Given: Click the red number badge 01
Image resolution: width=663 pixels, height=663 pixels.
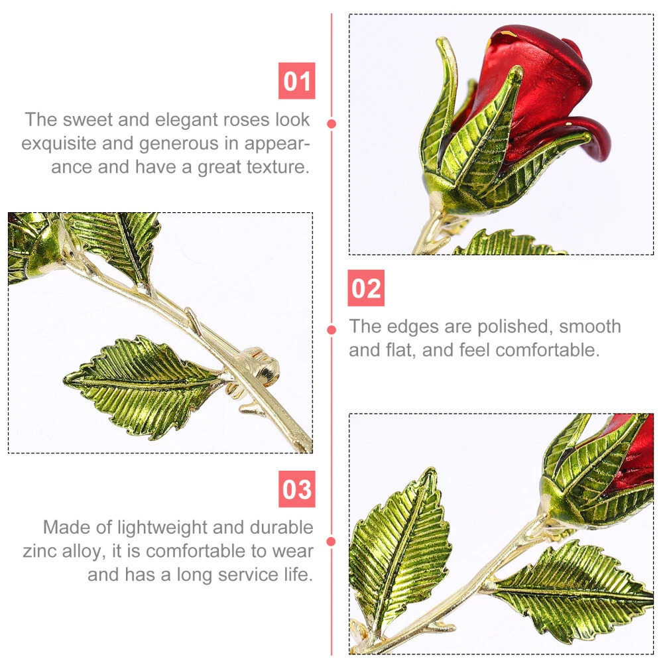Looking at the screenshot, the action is [x=296, y=81].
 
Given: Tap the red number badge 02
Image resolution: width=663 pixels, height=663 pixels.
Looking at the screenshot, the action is [x=366, y=288].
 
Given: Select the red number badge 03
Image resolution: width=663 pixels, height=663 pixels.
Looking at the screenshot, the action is [x=296, y=489].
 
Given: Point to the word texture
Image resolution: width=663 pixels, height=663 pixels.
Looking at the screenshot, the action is [x=278, y=167].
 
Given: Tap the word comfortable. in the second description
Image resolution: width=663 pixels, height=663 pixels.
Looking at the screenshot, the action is [x=548, y=350].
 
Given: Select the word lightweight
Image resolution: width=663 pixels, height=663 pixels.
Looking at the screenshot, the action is [x=162, y=528].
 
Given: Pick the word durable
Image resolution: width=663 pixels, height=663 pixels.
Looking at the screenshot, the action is [x=281, y=527].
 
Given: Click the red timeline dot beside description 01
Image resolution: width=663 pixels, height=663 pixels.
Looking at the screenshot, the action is [x=331, y=124].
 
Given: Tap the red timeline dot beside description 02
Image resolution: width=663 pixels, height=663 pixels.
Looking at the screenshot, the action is [x=331, y=330].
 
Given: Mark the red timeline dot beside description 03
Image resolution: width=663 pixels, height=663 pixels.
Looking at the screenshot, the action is [x=331, y=541].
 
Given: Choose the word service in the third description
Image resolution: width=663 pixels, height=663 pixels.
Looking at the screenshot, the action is [x=247, y=575].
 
